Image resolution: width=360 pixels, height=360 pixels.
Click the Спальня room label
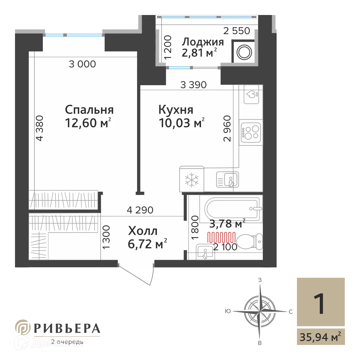pos(89,110)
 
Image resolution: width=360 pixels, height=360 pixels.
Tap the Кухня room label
pos(176,110)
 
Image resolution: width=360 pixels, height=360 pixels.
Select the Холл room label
pos(142,231)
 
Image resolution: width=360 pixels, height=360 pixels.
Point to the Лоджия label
pos(203,42)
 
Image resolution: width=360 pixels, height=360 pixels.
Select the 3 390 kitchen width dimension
pos(193,85)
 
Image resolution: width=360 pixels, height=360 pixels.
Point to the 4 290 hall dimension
pos(140,210)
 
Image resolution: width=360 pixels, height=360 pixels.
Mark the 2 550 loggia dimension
pos(237,31)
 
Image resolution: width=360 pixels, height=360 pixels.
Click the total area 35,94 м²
pos(320,337)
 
